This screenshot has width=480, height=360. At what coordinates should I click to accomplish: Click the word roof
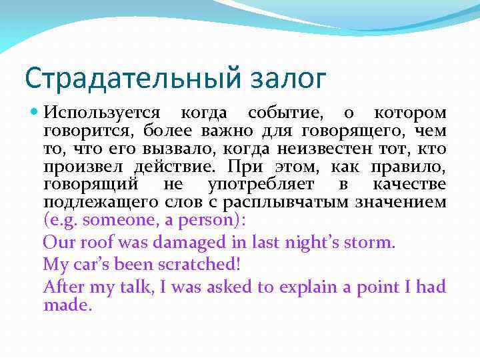click(x=98, y=241)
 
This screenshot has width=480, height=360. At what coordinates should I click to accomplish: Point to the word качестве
click(x=409, y=184)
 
